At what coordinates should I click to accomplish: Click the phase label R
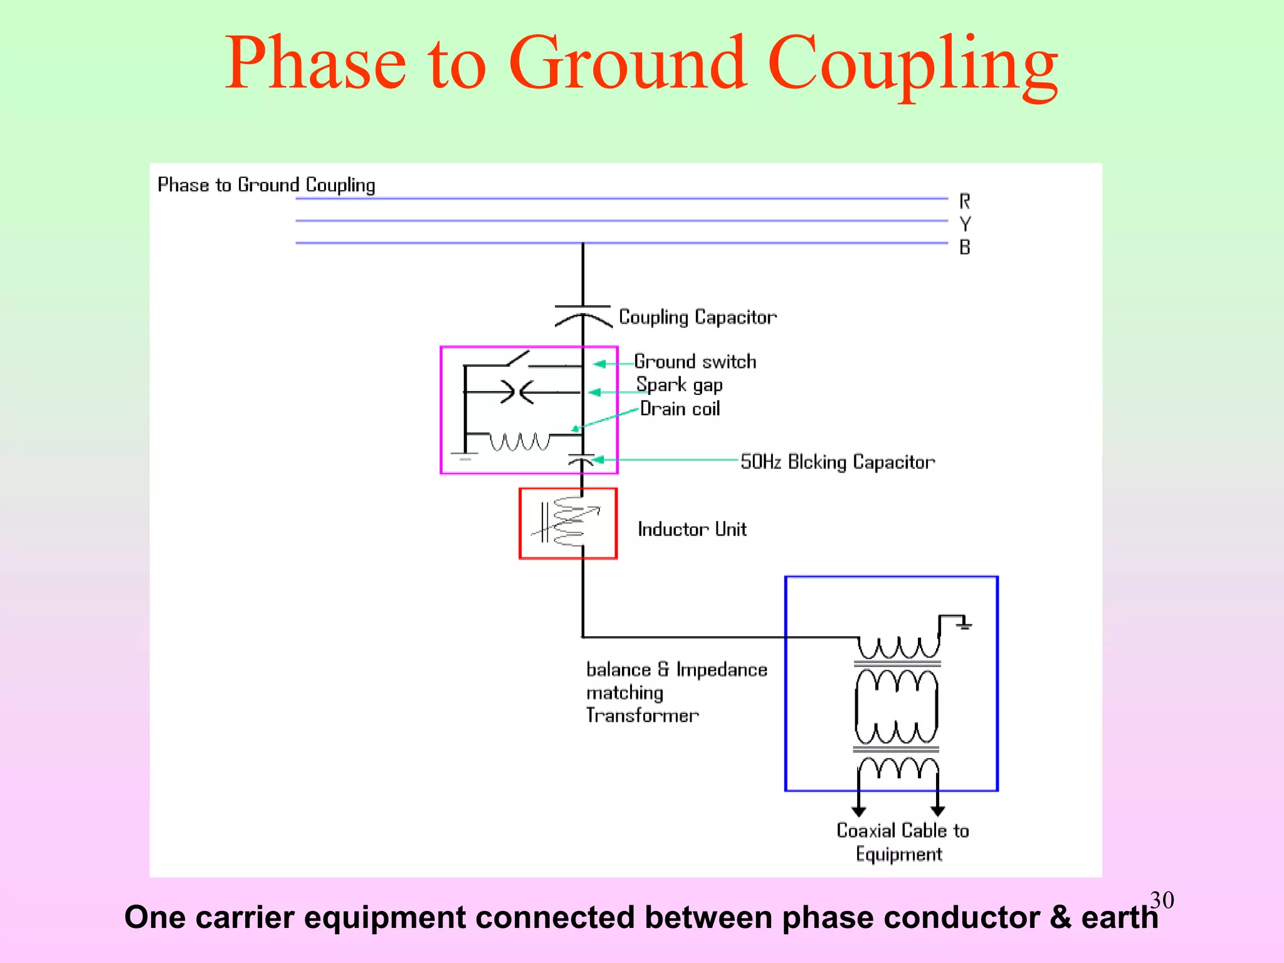[x=964, y=201]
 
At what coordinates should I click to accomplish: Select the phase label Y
[x=965, y=224]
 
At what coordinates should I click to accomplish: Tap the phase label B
[x=965, y=247]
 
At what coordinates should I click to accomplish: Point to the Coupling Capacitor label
[x=697, y=317]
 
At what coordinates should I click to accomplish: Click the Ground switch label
[x=695, y=362]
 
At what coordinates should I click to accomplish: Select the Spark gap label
[x=679, y=385]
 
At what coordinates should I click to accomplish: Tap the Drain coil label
[x=680, y=409]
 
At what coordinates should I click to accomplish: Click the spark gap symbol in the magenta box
[x=517, y=392]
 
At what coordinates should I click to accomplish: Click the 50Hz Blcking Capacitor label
[x=837, y=462]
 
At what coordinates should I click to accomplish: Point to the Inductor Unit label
[x=692, y=529]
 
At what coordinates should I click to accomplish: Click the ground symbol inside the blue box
[x=964, y=624]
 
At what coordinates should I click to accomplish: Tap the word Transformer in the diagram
[x=642, y=715]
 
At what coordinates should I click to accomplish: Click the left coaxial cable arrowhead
[x=859, y=811]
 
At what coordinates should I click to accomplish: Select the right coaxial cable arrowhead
[x=938, y=811]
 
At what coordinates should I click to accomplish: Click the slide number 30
[x=1162, y=900]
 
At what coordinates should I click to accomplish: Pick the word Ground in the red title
[x=628, y=63]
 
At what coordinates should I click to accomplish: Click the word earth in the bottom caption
[x=1119, y=917]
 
